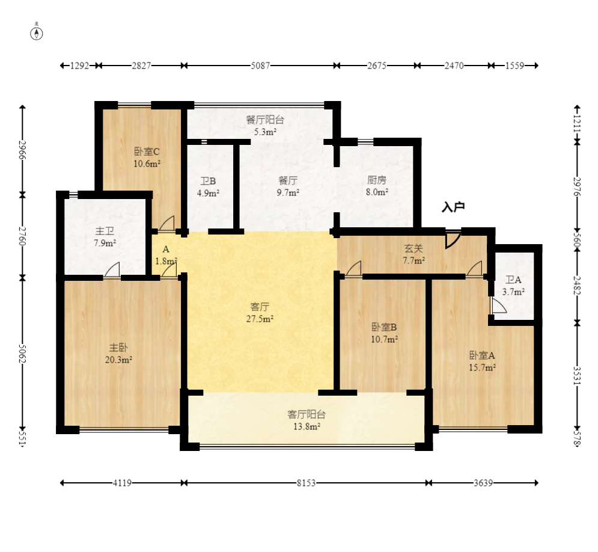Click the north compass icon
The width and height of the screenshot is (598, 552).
(x=37, y=33)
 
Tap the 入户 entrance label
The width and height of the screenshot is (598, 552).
(x=453, y=207)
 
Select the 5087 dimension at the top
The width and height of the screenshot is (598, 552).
(x=260, y=66)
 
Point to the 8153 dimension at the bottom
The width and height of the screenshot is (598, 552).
(x=307, y=483)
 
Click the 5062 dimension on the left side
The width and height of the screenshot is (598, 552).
(x=22, y=354)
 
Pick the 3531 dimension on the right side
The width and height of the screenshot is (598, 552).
(x=577, y=376)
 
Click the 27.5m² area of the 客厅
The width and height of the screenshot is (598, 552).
(x=260, y=319)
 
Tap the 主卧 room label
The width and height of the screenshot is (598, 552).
(x=118, y=348)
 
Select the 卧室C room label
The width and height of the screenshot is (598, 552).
(x=147, y=152)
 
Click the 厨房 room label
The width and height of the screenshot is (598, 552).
(x=377, y=180)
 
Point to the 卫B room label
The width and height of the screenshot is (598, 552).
(x=208, y=181)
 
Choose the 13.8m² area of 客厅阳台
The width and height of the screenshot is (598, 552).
(x=307, y=426)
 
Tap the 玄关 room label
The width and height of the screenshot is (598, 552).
(x=414, y=248)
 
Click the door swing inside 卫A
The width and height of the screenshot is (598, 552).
(x=498, y=306)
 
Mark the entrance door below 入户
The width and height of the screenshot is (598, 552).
(x=453, y=239)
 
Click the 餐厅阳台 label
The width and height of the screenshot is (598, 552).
(x=265, y=120)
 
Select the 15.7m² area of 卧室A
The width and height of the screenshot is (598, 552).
(x=483, y=367)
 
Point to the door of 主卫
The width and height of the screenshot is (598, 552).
(x=112, y=269)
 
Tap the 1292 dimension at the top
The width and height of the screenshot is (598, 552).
(x=80, y=66)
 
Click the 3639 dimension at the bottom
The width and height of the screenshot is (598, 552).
(x=483, y=483)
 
